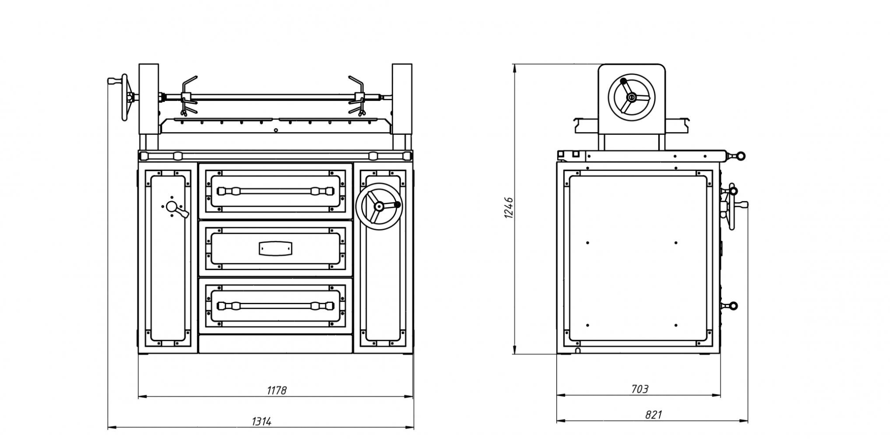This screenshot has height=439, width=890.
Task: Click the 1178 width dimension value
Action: coord(277,390)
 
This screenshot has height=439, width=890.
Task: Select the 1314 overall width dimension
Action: coord(261,421)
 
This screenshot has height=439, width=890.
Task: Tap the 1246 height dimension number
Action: coord(509,208)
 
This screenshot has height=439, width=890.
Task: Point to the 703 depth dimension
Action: coord(639,389)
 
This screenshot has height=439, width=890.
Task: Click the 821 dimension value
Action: coord(653,415)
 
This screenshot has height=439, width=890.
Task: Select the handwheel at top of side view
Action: coord(631,97)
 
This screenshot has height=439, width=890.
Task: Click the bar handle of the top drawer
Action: coord(275,191)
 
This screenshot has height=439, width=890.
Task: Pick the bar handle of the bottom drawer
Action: coord(275,306)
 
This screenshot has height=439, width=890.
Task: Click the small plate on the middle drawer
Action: coord(275,248)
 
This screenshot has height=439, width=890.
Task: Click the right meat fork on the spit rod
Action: coord(358,96)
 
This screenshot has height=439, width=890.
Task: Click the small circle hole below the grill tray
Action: coord(276,130)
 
